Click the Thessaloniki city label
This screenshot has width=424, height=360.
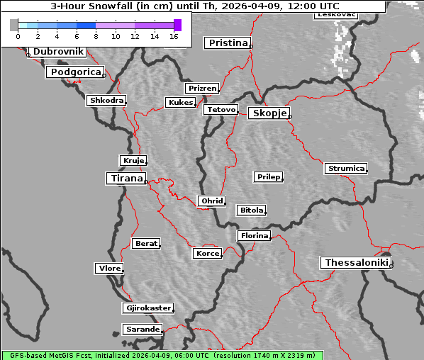(357, 263)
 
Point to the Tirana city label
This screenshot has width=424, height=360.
(125, 179)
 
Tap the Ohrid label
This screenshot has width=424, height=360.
(212, 201)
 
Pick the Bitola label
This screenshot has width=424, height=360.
(252, 210)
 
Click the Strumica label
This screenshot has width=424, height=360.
(346, 169)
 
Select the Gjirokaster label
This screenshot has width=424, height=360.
(147, 308)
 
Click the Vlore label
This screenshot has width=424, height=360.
(109, 268)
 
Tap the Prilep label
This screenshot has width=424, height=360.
(269, 176)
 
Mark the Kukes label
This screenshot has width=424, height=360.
(180, 103)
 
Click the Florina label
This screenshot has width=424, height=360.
(255, 235)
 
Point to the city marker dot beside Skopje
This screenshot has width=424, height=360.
(289, 116)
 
